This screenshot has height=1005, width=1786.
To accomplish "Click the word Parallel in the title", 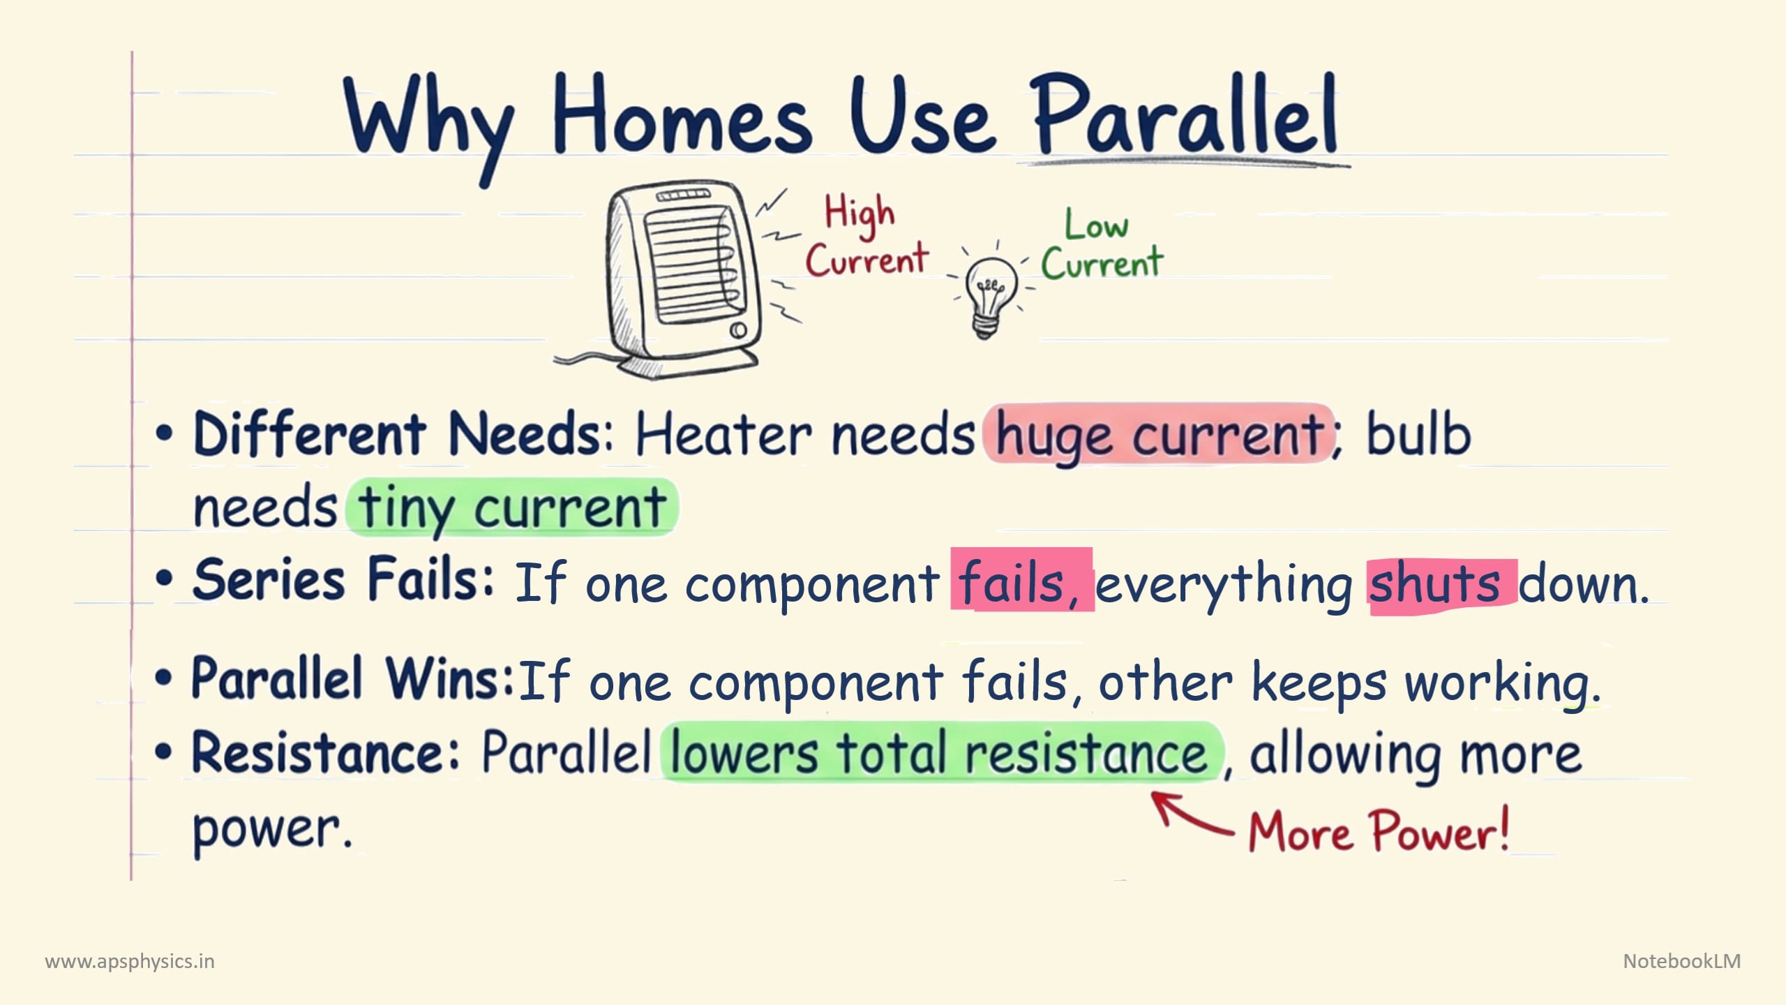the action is (x=1183, y=115).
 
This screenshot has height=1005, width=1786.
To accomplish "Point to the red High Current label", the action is (x=866, y=237).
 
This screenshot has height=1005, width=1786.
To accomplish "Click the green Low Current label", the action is (x=1102, y=246).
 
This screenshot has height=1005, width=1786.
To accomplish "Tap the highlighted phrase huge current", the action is (x=1158, y=434).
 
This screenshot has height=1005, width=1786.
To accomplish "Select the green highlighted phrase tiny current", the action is (x=512, y=507).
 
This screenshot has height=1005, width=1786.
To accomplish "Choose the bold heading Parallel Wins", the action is (x=353, y=678).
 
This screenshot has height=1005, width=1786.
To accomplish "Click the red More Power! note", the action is (x=1379, y=831).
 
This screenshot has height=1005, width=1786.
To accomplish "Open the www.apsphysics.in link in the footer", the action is (x=130, y=962).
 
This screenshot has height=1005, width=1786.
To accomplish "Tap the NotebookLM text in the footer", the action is (x=1682, y=961).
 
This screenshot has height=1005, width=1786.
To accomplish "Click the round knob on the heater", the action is (x=738, y=330).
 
